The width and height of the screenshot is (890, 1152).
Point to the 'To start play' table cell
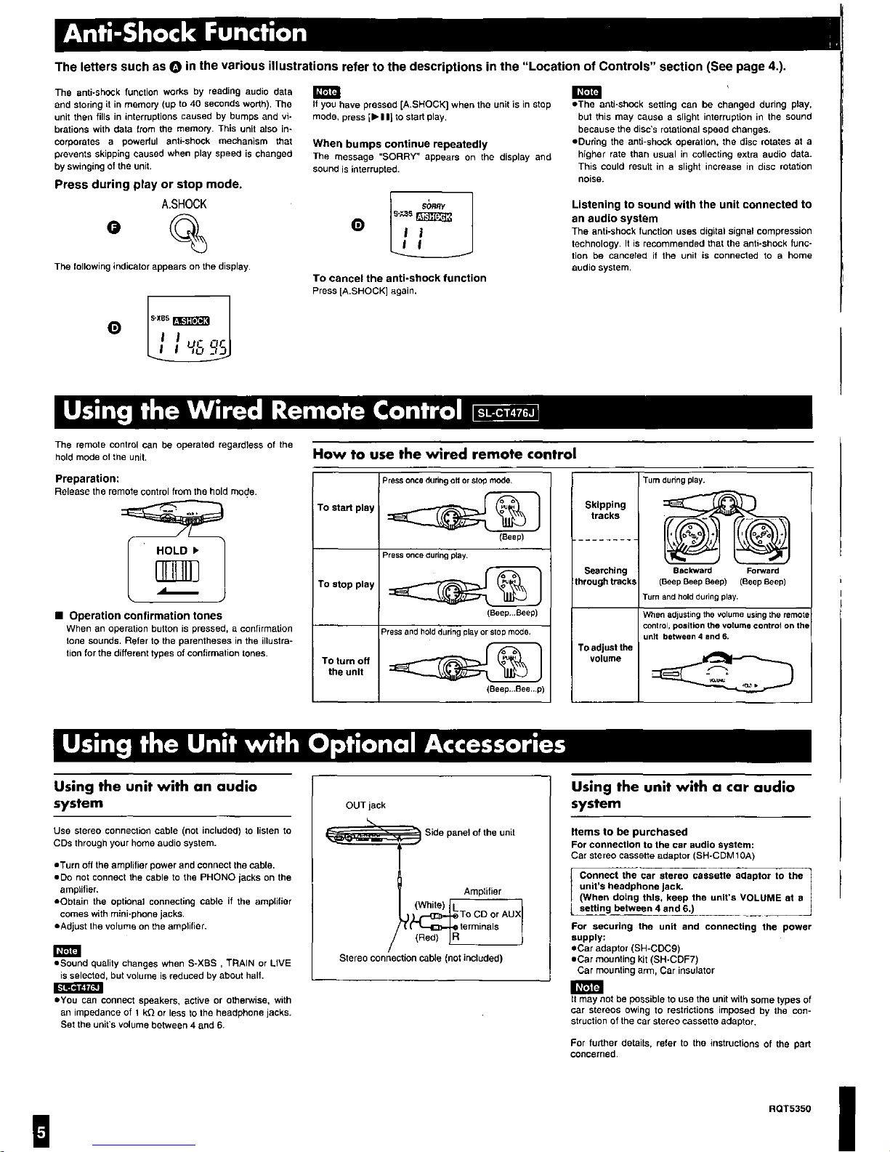click(346, 507)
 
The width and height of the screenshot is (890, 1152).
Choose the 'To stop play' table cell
click(346, 584)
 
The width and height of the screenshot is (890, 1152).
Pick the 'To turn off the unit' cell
click(346, 666)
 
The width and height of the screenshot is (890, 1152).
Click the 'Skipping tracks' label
click(605, 509)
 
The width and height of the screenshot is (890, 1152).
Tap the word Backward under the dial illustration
click(692, 571)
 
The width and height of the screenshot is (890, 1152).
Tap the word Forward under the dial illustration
click(762, 571)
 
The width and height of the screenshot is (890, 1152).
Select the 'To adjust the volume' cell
click(605, 653)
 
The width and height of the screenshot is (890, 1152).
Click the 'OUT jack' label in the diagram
click(365, 805)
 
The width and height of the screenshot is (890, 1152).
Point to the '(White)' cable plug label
click(429, 905)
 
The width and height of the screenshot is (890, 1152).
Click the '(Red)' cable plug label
click(426, 937)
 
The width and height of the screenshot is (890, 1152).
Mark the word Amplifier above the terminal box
click(482, 891)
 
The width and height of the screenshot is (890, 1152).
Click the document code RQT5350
click(789, 1109)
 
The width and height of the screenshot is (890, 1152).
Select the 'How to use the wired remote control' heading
click(444, 454)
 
